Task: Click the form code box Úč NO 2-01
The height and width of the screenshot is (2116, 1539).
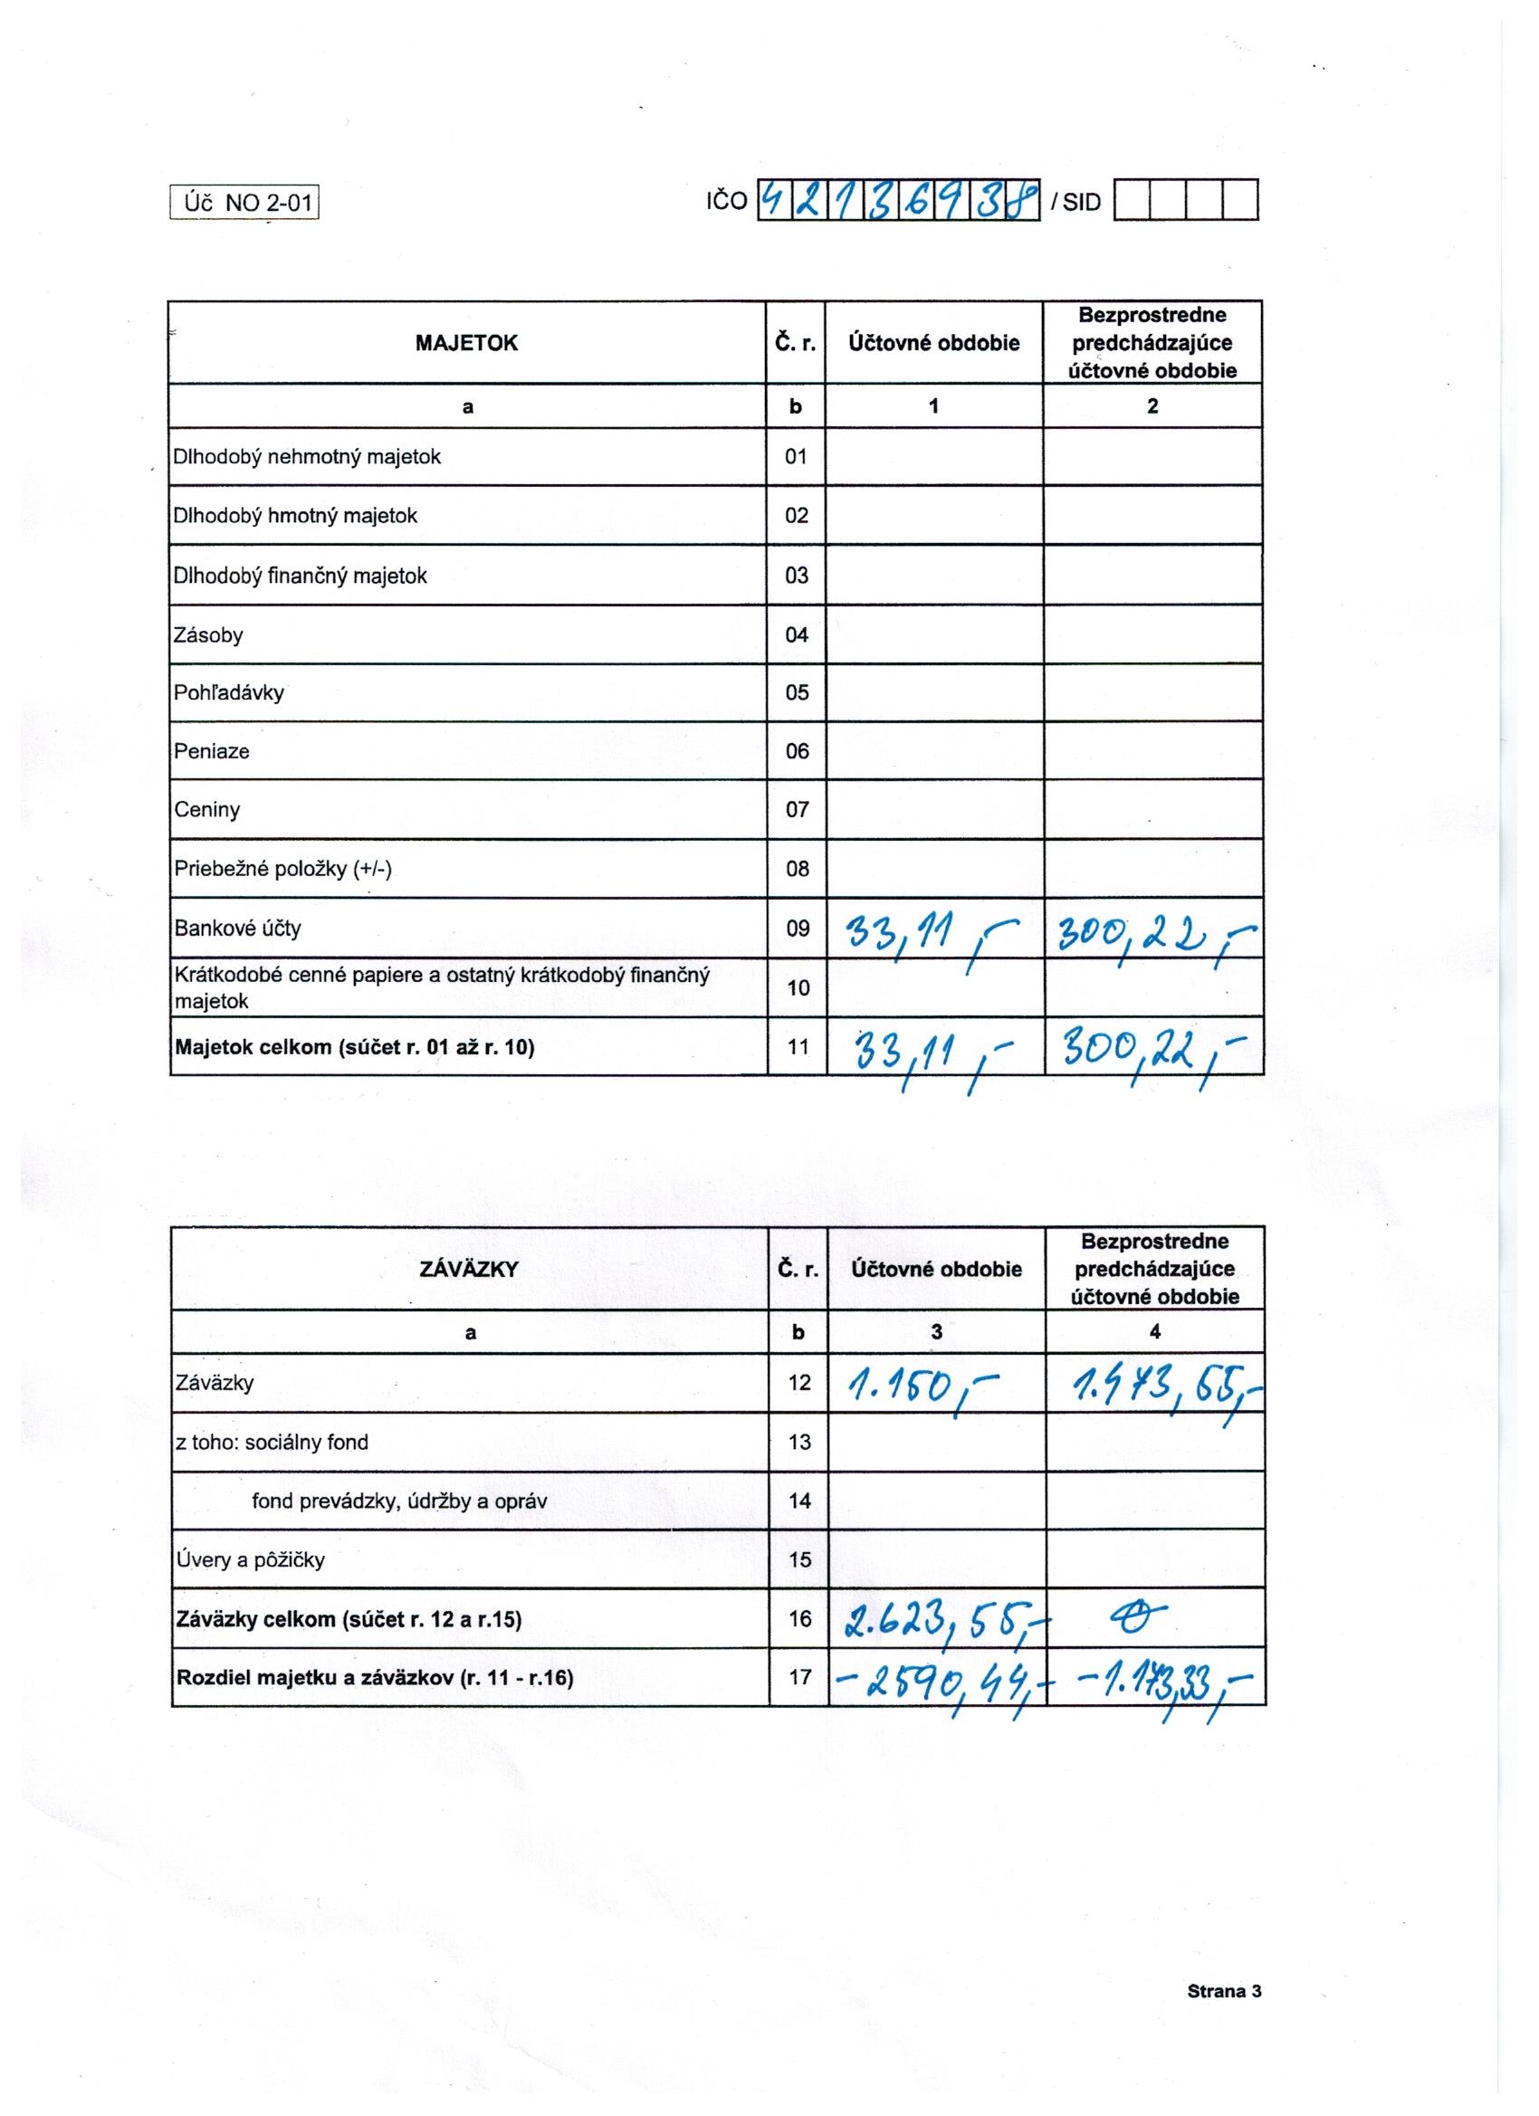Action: (244, 203)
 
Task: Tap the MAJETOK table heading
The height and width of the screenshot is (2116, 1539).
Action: (466, 342)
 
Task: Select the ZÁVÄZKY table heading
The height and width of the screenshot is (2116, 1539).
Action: (470, 1269)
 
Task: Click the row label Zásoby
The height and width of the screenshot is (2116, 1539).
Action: (208, 635)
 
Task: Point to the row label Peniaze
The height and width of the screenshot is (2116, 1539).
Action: (212, 751)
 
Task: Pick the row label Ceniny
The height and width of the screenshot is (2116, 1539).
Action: (207, 809)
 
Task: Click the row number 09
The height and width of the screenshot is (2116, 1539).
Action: (797, 929)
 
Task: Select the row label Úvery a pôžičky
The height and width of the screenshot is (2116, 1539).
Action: (250, 1560)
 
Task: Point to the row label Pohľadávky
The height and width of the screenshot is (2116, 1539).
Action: (229, 692)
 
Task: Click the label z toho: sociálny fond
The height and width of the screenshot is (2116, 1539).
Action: (272, 1442)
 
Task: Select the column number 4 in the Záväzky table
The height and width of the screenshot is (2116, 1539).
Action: (1154, 1332)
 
